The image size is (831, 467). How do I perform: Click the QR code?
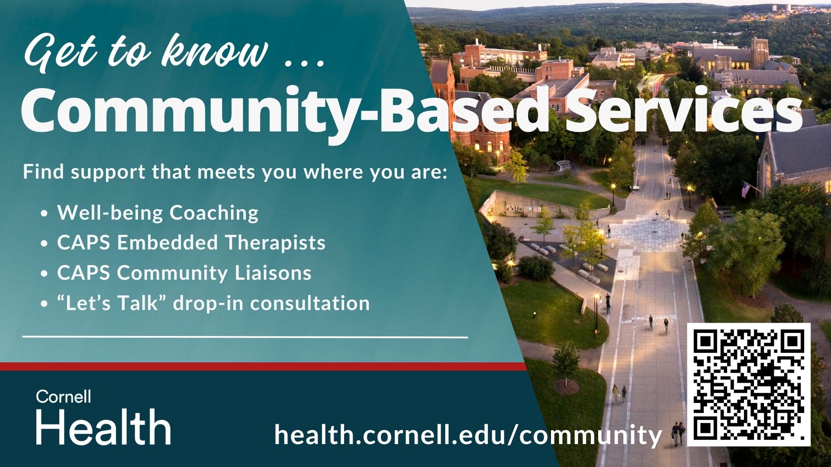(x=749, y=384)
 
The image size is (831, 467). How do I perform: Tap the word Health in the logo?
(x=103, y=427)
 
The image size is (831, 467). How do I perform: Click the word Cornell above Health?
(x=64, y=397)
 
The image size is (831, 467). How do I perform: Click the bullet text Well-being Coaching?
(x=158, y=213)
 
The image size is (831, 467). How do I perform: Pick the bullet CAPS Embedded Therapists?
(x=191, y=243)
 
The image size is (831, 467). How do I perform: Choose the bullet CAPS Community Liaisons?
(x=184, y=273)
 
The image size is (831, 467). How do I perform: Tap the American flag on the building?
(x=745, y=189)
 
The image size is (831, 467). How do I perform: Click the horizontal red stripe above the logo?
(x=260, y=367)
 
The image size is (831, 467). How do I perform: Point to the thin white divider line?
(x=245, y=336)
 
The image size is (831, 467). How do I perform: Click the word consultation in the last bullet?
(x=310, y=303)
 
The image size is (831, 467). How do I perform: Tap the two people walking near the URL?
(x=678, y=434)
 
